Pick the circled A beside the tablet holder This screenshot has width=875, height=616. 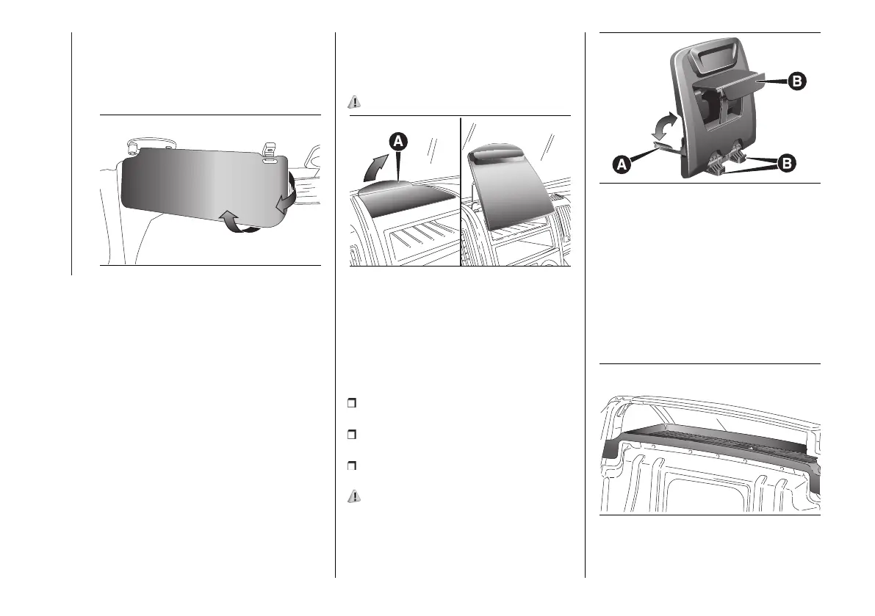point(621,166)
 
